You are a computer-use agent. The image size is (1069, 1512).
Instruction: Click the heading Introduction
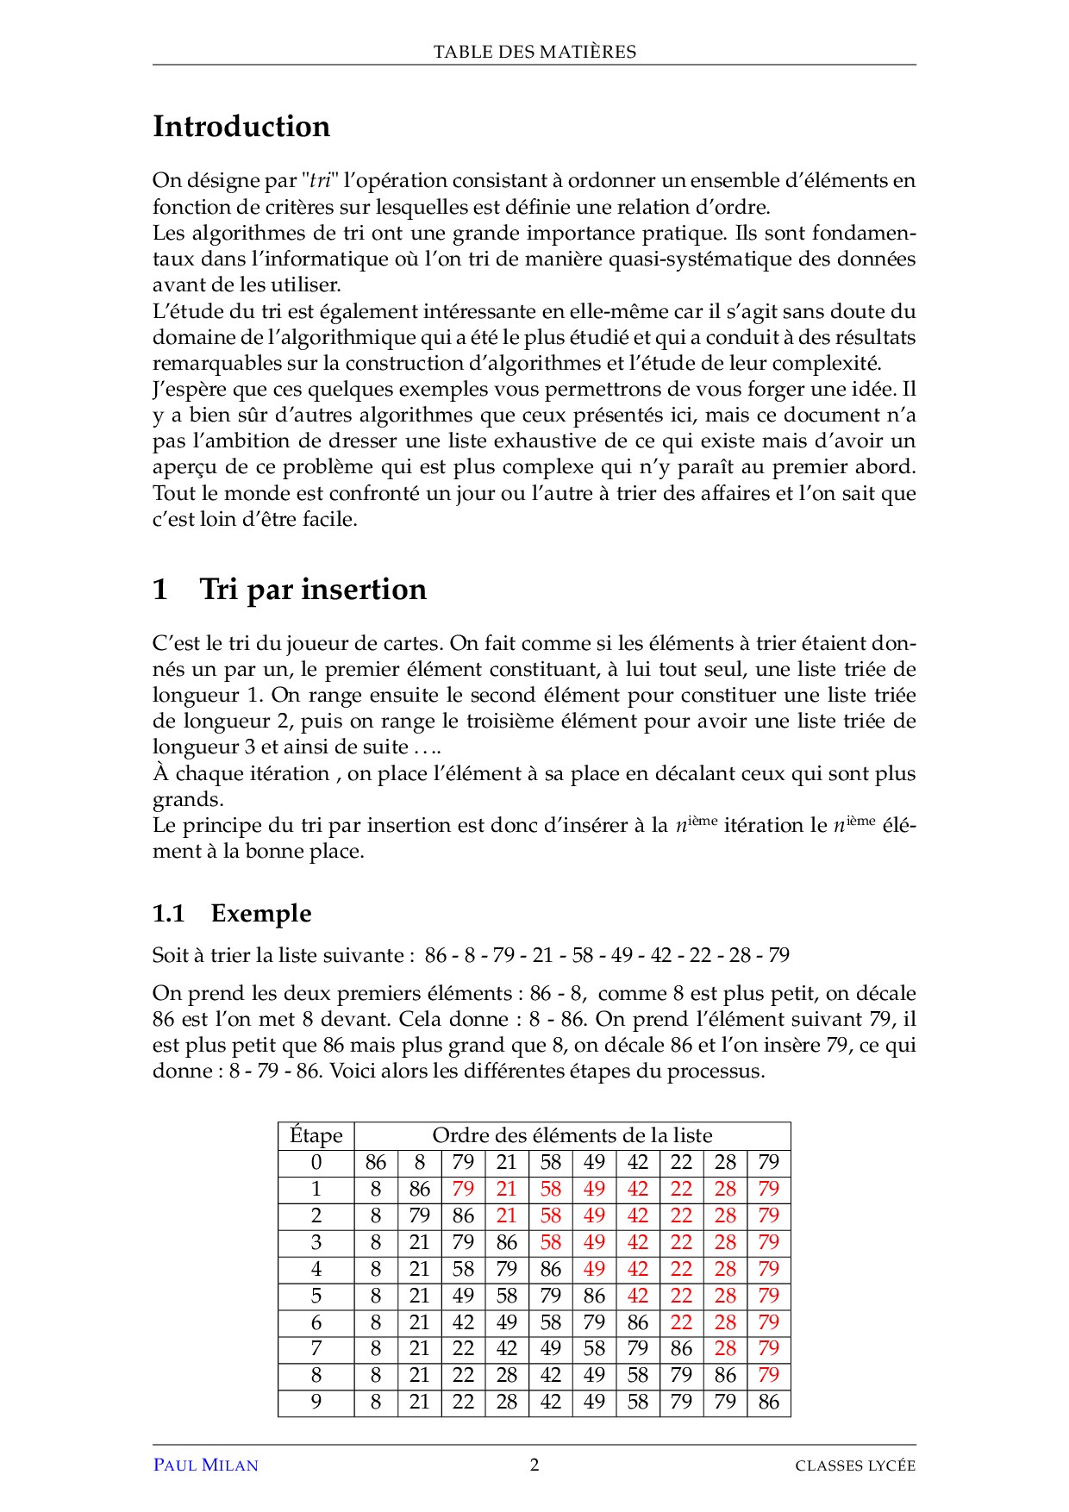click(241, 127)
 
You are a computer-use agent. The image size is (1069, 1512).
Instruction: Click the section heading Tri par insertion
click(312, 590)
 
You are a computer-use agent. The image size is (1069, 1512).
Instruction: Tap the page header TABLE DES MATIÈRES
click(534, 52)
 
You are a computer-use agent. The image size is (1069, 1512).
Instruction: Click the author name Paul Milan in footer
click(205, 1465)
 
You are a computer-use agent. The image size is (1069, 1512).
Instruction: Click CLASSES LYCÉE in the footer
click(855, 1465)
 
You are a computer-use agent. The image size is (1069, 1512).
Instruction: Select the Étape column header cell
click(316, 1135)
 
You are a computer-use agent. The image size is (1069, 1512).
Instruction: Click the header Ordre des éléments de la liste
click(572, 1135)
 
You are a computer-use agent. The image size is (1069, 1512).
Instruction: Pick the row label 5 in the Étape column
click(316, 1296)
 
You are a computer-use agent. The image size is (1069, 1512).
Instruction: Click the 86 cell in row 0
click(376, 1162)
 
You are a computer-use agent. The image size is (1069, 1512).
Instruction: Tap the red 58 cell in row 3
click(550, 1242)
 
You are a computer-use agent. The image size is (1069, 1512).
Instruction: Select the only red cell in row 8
click(768, 1375)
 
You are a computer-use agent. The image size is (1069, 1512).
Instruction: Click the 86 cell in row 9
click(768, 1402)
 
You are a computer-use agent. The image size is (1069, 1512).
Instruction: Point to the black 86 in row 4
click(550, 1269)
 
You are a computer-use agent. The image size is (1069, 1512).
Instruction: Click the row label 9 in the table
click(316, 1402)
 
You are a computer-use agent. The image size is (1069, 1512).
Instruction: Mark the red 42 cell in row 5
click(637, 1296)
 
